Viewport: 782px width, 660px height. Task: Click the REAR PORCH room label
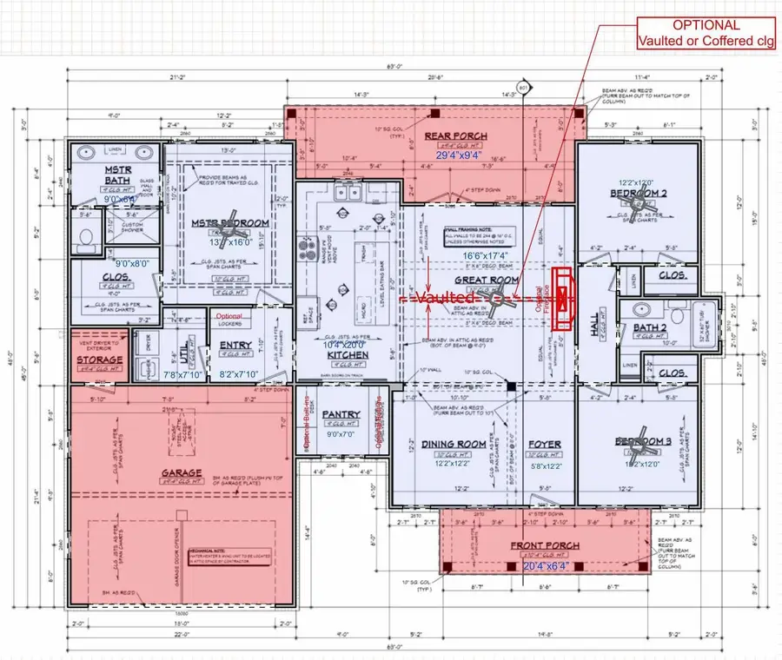coord(455,136)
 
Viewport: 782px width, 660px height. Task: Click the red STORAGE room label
coord(99,360)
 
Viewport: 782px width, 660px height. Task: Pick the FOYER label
coord(546,444)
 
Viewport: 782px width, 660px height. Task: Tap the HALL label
coord(594,324)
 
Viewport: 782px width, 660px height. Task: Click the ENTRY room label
coord(235,346)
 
